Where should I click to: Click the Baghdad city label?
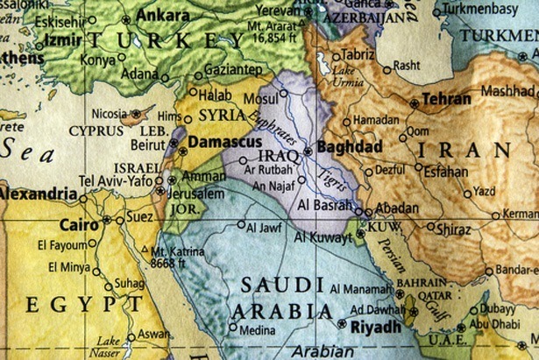(350, 146)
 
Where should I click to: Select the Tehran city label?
(446, 100)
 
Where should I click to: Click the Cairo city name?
(78, 223)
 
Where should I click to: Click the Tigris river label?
(329, 179)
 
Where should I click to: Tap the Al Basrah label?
(325, 204)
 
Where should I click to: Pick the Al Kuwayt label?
(323, 236)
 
